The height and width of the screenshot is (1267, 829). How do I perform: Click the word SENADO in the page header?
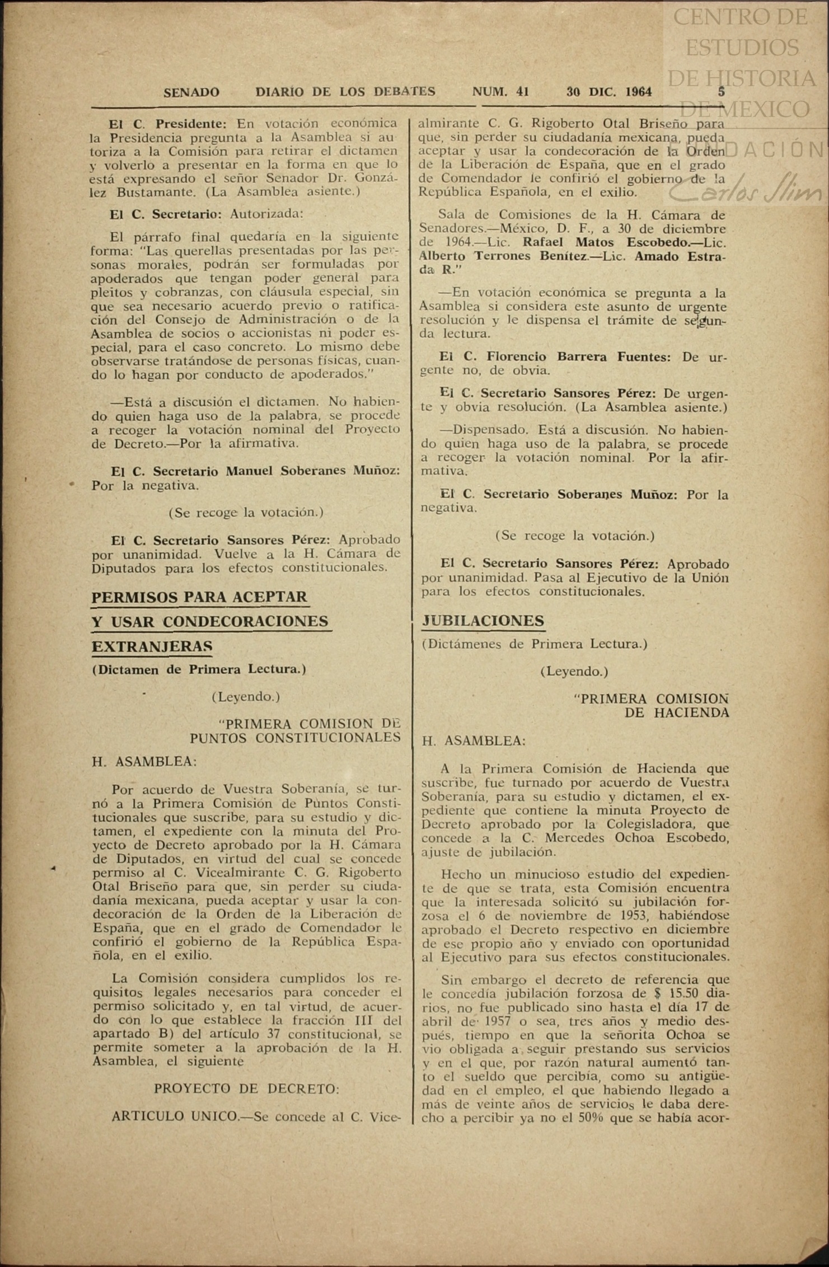(191, 92)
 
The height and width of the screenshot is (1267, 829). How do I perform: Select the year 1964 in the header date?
(639, 92)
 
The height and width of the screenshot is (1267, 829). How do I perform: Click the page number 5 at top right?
(722, 92)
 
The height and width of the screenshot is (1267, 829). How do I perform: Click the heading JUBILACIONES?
(483, 621)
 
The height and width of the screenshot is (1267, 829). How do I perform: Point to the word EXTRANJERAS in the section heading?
(152, 646)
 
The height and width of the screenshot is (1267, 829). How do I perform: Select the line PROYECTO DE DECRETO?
(247, 1088)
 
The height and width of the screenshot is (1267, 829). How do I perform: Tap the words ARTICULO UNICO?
(175, 1117)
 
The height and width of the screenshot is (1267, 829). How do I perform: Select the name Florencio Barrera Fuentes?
(579, 357)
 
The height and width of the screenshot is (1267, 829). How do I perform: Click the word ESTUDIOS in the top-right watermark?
(742, 48)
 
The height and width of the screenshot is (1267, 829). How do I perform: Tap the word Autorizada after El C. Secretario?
(266, 214)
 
